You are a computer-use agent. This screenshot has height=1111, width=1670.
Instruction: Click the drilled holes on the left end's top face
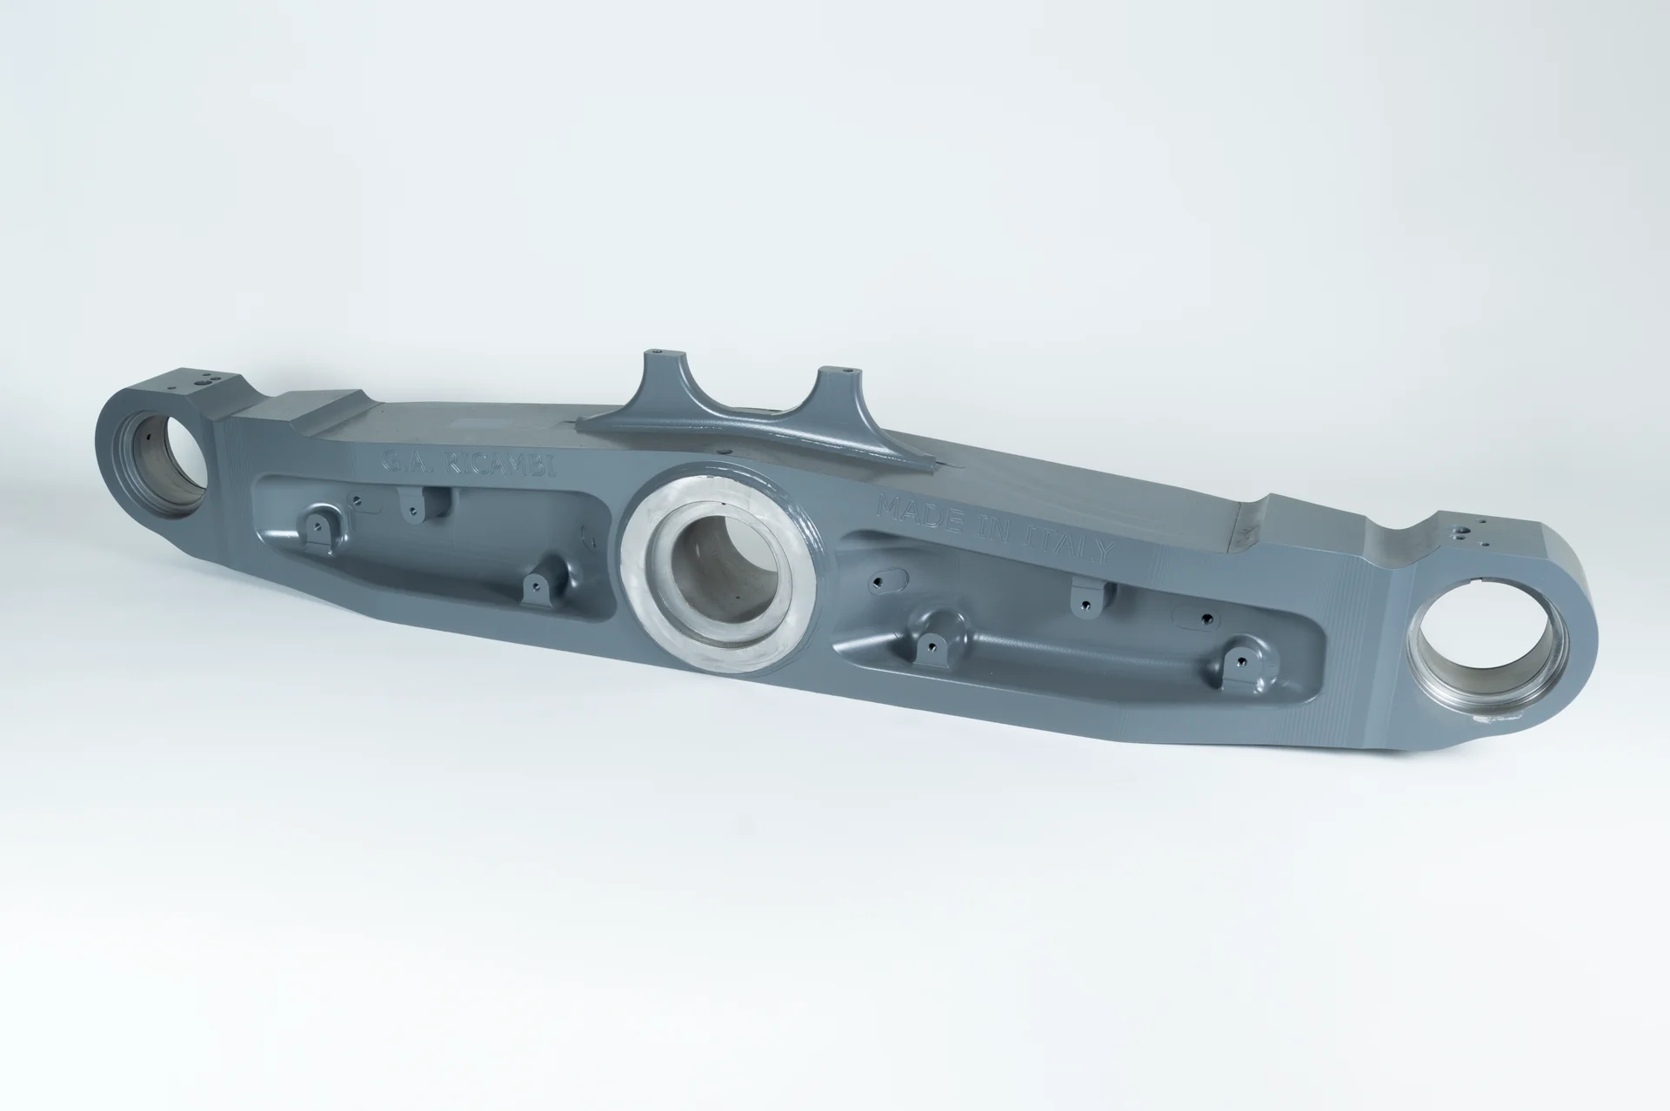coord(205,381)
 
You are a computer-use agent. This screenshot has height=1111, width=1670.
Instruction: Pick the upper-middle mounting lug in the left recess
coord(411,505)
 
